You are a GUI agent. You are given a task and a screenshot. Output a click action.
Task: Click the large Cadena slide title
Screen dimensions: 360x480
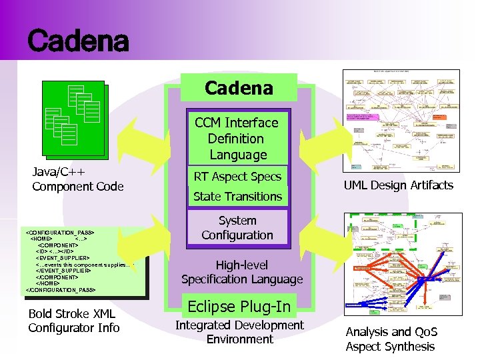pos(78,41)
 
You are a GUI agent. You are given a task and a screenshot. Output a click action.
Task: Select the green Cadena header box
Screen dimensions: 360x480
pos(239,88)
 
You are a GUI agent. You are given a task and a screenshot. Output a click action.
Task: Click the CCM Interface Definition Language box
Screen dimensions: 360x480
pos(237,139)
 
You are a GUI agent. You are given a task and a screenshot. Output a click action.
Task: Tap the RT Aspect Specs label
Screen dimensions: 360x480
pos(237,177)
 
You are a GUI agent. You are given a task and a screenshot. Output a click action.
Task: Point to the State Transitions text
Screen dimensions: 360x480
pos(237,197)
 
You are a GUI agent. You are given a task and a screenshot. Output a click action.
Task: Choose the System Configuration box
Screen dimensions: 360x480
pos(237,228)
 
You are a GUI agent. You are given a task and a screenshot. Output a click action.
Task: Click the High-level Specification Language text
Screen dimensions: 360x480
pos(241,272)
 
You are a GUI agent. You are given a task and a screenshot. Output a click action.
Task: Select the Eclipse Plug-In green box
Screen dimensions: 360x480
pos(239,307)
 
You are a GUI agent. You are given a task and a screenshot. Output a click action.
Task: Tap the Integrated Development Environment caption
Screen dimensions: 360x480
pos(239,332)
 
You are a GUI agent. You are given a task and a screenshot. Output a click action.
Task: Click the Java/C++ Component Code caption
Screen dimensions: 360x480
pos(78,179)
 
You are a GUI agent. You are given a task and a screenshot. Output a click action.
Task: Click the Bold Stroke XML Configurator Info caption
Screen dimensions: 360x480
pos(73,321)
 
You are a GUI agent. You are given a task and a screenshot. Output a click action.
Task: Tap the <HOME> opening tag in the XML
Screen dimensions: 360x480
pos(43,238)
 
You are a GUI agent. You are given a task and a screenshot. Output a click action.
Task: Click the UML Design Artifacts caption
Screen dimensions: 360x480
pos(398,185)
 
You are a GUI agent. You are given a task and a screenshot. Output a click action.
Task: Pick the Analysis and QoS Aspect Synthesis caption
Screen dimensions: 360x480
pos(391,339)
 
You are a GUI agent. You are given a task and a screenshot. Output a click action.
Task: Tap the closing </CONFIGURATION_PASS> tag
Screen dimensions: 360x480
pos(61,290)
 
